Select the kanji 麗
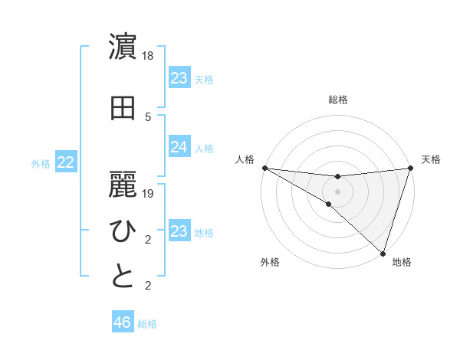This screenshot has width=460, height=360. coord(123,184)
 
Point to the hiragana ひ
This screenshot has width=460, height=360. coord(123,231)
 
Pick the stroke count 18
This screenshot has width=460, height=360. coord(148,57)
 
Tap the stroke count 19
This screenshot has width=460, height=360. coord(148,195)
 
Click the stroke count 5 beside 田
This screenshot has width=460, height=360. coord(148,117)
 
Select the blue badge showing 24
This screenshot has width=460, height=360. coord(179,147)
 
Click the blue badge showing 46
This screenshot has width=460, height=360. coord(123,322)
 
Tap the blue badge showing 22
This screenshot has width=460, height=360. coord(66,162)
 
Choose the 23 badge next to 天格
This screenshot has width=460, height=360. coord(179,78)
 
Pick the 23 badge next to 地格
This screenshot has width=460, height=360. coord(179,231)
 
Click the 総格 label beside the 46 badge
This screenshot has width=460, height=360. coord(147,324)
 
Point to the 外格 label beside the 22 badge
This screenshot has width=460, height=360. coord(41,163)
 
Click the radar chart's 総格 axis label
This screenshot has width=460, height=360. coord(337,100)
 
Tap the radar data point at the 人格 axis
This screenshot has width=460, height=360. coord(264,168)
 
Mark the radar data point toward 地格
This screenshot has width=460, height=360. coord(383,254)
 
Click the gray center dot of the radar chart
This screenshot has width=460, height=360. coord(337,191)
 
